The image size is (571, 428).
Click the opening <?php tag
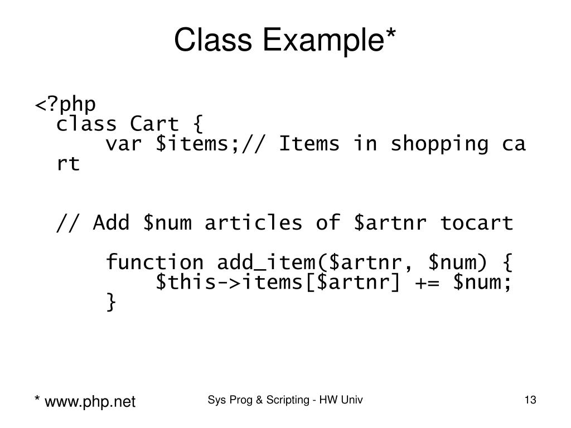(x=66, y=105)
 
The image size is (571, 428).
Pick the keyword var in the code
(x=124, y=144)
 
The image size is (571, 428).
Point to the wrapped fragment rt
(x=69, y=164)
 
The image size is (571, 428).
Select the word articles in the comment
(x=253, y=223)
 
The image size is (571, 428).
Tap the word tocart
(x=476, y=223)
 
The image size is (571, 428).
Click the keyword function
(x=155, y=262)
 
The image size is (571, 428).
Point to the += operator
(x=427, y=283)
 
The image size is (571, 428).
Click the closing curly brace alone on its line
(x=112, y=303)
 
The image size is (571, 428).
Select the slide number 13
(x=530, y=400)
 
